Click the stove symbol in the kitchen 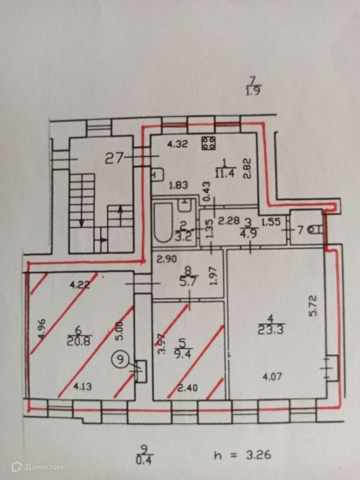(208, 143)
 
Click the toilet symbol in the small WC (314, 230)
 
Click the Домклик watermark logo (30, 466)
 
